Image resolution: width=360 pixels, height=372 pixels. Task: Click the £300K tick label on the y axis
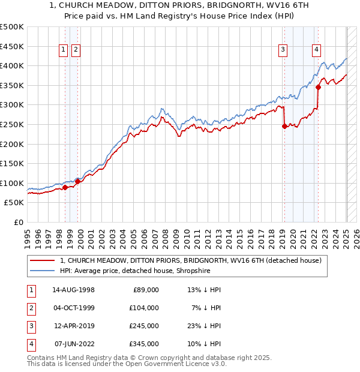(x=12, y=104)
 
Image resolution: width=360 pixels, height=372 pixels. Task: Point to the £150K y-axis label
(x=12, y=163)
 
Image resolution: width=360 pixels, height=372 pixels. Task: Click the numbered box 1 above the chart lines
(x=63, y=50)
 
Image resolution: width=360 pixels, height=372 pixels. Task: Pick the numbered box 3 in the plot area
(x=283, y=50)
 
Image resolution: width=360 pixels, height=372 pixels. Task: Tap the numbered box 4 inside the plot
(x=316, y=50)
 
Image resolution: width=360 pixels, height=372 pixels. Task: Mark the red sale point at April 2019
(x=284, y=127)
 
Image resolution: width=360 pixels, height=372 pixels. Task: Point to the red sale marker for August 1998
(x=65, y=188)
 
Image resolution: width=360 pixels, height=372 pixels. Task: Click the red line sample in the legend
(x=43, y=260)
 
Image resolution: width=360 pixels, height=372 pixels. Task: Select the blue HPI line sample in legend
(x=43, y=271)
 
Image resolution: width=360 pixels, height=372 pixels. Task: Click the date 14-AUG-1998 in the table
(x=74, y=290)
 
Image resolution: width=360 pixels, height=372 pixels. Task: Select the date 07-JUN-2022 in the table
(x=74, y=344)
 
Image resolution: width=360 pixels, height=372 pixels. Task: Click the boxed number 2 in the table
(x=31, y=308)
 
